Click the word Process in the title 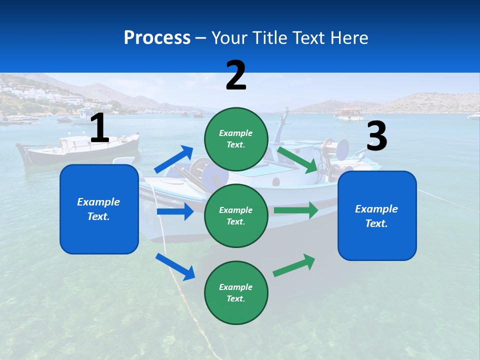point(157,37)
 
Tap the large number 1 point(99,128)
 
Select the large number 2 point(236,75)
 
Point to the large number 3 point(376,136)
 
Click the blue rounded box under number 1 point(99,209)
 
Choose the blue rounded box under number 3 point(377,216)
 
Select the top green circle point(236,139)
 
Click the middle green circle point(236,215)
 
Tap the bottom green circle point(236,292)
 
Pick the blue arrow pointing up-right point(174,159)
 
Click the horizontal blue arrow point(175,211)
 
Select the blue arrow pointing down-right point(175,266)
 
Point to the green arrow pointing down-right point(298,159)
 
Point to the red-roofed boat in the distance point(349,113)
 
